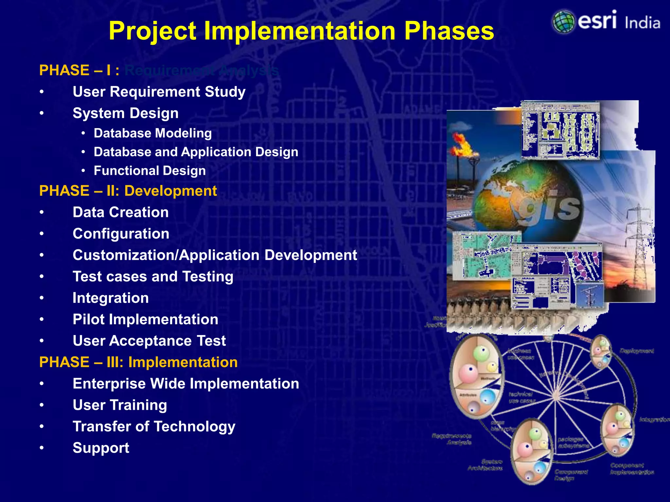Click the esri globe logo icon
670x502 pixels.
coord(563,22)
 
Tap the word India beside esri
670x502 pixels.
coord(642,23)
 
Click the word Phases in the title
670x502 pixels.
coord(449,31)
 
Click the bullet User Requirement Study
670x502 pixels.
coord(159,92)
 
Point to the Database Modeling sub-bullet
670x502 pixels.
coord(153,133)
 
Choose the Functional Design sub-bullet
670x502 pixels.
coord(150,171)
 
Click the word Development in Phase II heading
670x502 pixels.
coord(170,191)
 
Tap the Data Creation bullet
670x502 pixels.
coord(121,212)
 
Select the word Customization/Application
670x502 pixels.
coord(166,255)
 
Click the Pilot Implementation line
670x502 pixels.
coord(145,320)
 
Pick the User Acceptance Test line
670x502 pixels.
coord(149,341)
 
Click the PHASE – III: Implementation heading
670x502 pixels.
coord(138,362)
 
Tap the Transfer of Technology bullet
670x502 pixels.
coord(154,427)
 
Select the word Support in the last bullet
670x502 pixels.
coord(101,448)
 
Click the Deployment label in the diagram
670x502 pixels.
coord(636,351)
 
